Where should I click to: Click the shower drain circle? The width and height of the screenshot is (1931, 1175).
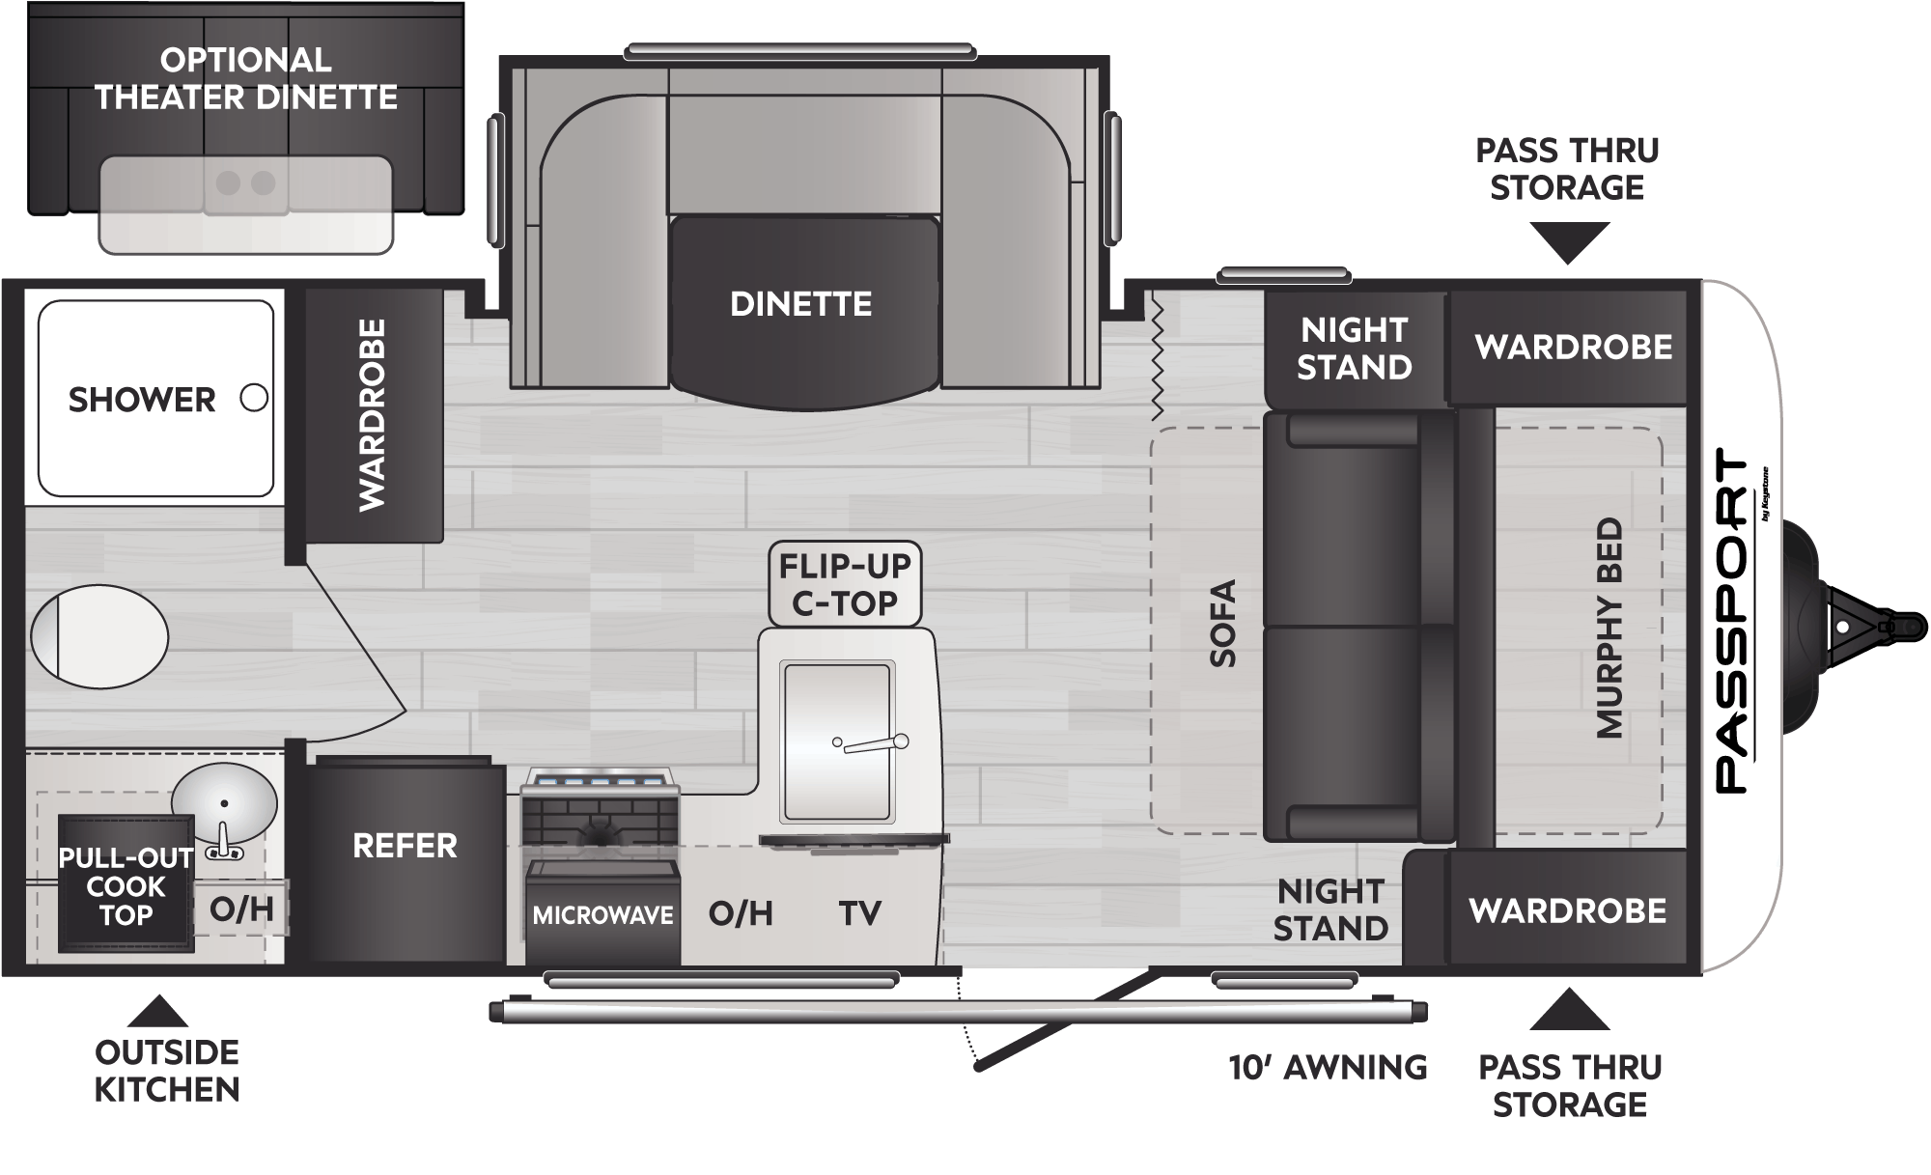coord(254,398)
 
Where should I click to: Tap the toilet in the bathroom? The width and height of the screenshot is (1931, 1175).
coord(99,637)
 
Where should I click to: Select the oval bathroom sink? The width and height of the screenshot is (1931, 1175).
coord(224,804)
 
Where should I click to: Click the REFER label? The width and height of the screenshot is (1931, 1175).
coord(405,846)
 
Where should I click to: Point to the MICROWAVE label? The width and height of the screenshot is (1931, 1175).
coord(602,914)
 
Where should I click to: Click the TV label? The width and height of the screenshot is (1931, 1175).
coord(859,913)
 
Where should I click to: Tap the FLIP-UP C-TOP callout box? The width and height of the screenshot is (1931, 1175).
coord(845,583)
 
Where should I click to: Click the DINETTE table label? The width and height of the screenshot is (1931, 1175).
coord(801,304)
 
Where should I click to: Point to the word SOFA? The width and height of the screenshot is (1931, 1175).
coord(1223,623)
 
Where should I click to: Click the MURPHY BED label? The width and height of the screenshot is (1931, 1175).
coord(1609,628)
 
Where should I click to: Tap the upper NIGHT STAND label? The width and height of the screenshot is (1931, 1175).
coord(1354,349)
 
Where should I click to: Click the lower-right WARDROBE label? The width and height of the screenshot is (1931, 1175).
coord(1568,910)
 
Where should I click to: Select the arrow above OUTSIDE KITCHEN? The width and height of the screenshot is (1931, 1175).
coord(157,1012)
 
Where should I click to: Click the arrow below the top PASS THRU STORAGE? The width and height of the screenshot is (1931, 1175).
coord(1569,242)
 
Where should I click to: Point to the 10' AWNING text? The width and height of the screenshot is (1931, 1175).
coord(1328,1067)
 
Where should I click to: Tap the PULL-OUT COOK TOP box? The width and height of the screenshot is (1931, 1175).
coord(126,884)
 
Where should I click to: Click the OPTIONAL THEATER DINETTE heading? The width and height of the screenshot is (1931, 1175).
coord(246,78)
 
